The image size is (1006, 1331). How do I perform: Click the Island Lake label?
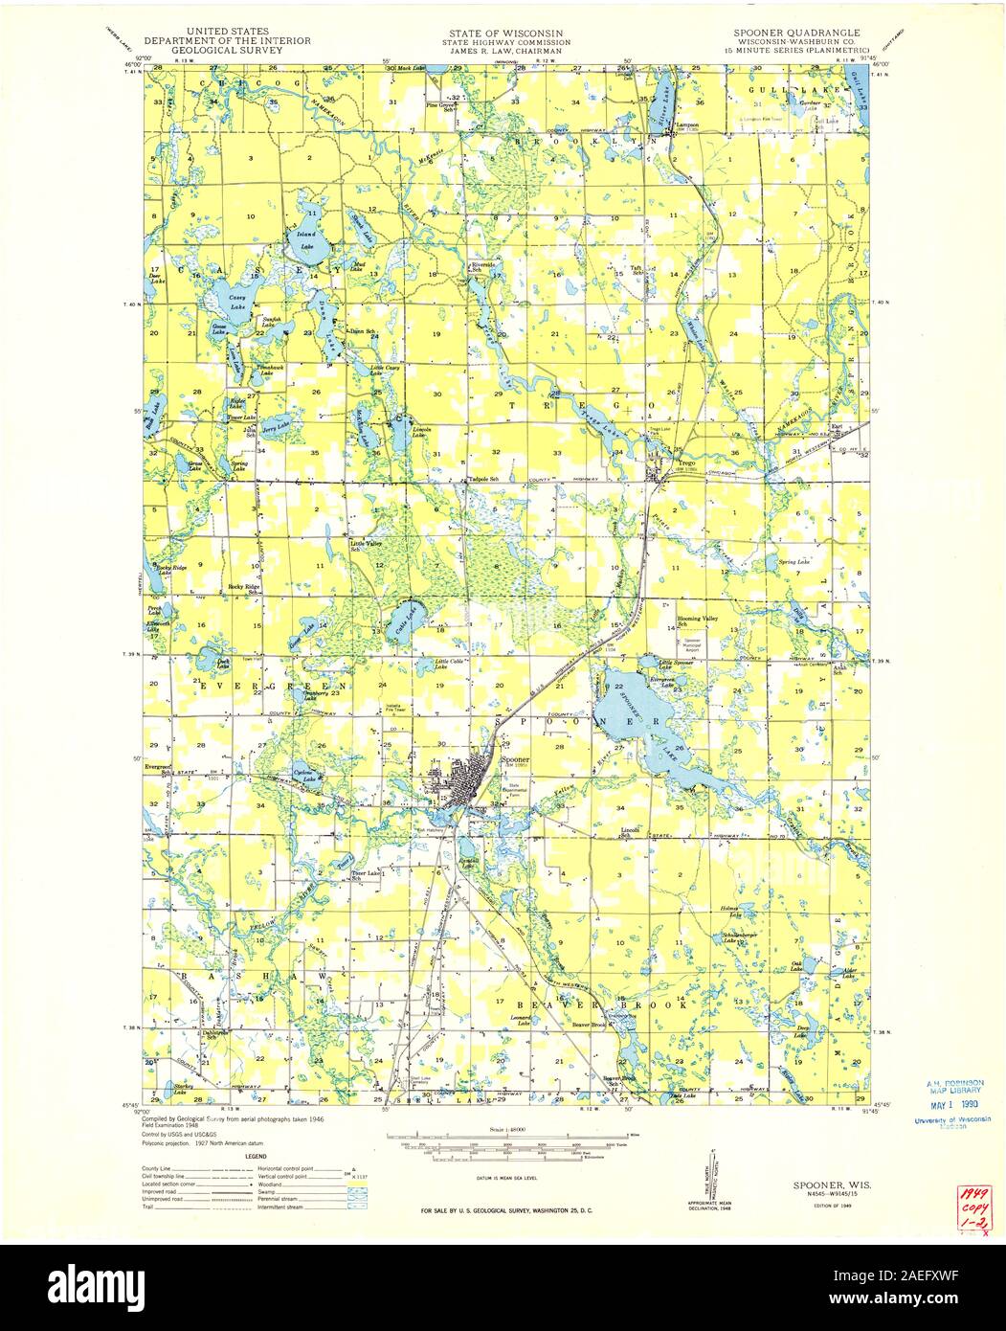pyautogui.click(x=307, y=239)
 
